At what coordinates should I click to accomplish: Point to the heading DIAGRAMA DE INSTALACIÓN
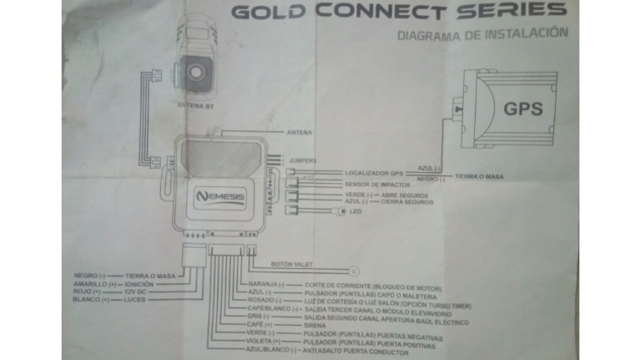pyautogui.click(x=483, y=35)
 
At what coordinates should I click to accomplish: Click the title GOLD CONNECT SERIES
pyautogui.click(x=398, y=12)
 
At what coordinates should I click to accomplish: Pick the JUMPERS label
pyautogui.click(x=303, y=160)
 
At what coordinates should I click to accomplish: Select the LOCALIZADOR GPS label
pyautogui.click(x=374, y=173)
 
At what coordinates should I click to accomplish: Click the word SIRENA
pyautogui.click(x=316, y=325)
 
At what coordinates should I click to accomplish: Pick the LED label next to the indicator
pyautogui.click(x=354, y=211)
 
